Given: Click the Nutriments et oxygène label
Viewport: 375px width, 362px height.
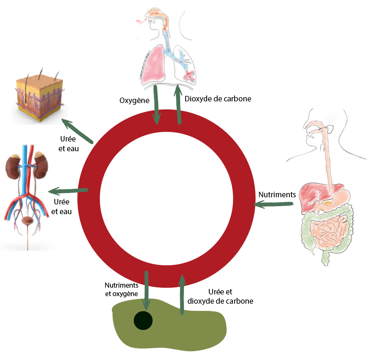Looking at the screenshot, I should pyautogui.click(x=121, y=289).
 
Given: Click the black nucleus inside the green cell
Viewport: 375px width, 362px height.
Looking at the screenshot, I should pyautogui.click(x=143, y=321).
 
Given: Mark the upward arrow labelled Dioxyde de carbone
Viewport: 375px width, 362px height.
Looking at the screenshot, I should pyautogui.click(x=179, y=104).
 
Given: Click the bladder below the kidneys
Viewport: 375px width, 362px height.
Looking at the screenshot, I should pyautogui.click(x=28, y=221).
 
